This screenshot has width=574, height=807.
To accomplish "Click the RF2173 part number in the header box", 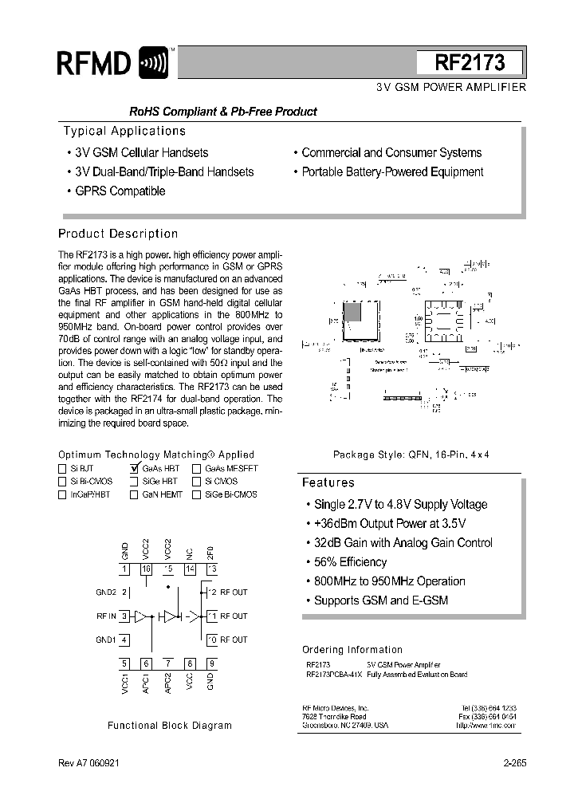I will point(470,62).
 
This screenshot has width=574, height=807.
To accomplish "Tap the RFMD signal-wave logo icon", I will point(153,63).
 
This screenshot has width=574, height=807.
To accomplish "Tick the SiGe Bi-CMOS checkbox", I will point(196,494).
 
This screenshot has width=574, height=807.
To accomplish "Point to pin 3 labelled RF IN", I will point(125,616).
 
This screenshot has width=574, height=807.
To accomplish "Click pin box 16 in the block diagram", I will point(146,569).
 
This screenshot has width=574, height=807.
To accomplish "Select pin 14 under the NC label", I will point(190,569).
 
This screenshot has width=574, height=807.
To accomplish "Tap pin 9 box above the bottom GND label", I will point(211,663).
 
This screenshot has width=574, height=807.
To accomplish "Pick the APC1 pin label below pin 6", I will point(146,683).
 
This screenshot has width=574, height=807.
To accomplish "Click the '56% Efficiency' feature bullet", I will point(350,562).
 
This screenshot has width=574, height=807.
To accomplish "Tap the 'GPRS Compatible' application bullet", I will point(119,191).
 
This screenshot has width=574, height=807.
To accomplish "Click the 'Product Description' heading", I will point(118,234).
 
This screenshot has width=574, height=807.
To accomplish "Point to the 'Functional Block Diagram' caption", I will point(170,726).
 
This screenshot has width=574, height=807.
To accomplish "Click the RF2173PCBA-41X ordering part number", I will point(333,675).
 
